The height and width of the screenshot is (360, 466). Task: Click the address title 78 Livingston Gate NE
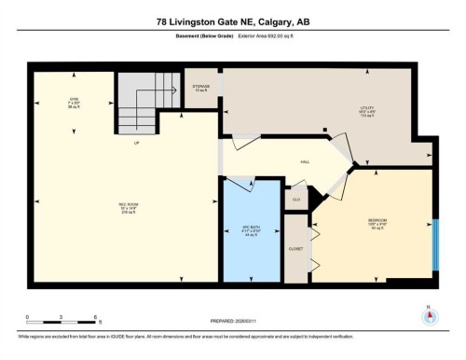[233, 21]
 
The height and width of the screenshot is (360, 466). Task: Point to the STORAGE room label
[201, 88]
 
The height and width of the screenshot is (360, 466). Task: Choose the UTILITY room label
[366, 109]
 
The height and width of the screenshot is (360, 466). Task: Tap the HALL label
[305, 161]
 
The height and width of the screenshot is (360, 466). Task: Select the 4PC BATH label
[251, 230]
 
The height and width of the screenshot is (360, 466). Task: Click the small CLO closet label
[295, 199]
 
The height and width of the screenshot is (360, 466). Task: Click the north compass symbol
[429, 314]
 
